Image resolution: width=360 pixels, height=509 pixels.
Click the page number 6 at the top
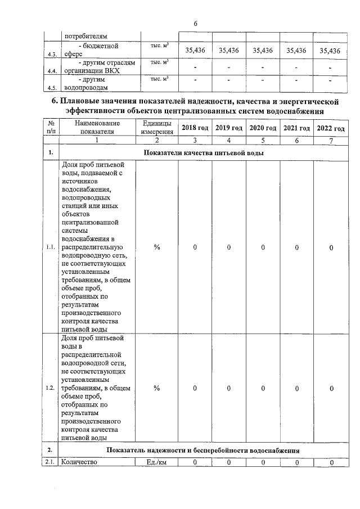pos(195,24)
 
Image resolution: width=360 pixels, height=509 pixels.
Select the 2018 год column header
pos(195,128)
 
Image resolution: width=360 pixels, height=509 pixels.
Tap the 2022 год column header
pos(331,128)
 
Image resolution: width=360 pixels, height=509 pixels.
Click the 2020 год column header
pos(263,128)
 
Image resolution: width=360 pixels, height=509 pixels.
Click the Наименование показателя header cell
pos(97,128)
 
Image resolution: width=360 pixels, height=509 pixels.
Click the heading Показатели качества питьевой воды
pos(204,153)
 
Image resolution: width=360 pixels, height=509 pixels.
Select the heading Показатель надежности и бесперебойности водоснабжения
pos(204,451)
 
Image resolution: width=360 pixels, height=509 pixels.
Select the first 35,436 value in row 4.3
pos(195,50)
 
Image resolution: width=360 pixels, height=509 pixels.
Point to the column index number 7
pos(331,140)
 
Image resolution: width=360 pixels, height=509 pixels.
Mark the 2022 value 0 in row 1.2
pos(331,388)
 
